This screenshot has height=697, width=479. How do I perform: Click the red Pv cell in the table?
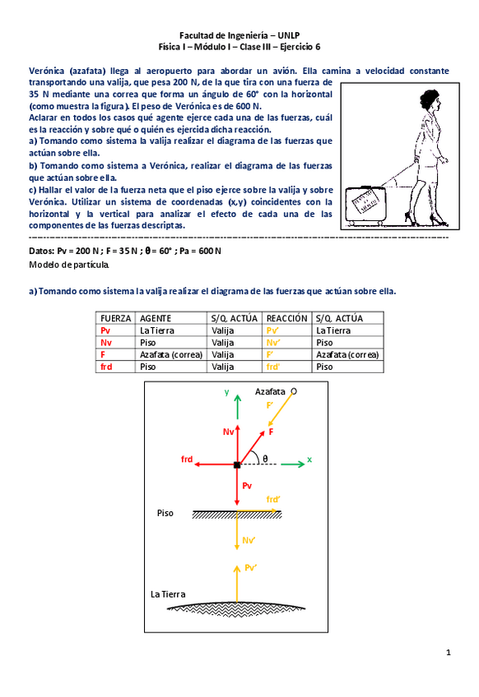coord(105,330)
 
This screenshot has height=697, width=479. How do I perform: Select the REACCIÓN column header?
coord(286,318)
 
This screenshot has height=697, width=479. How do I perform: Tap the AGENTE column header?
coord(156,318)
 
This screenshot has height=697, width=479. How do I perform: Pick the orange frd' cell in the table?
coord(273,367)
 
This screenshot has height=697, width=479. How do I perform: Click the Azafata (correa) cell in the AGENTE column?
coord(171,355)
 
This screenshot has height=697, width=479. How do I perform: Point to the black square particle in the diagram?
coord(237,464)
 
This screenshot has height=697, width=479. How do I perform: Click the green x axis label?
coord(309,459)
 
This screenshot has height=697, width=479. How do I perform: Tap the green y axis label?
coord(226,392)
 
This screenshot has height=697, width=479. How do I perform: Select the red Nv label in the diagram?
coord(228,432)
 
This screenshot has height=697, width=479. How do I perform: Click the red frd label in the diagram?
coord(187,459)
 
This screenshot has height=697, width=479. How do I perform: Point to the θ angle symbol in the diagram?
coord(265,459)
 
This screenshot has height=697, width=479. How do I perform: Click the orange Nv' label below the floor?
coord(249,540)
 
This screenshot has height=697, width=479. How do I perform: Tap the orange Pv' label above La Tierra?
coord(251,568)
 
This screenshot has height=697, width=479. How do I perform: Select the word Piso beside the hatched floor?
coord(165,513)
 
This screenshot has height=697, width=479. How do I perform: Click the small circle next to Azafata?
coord(294,391)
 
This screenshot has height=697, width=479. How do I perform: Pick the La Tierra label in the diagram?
coord(168,594)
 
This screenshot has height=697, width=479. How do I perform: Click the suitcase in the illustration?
coord(365,205)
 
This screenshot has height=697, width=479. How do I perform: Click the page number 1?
coord(449,653)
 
